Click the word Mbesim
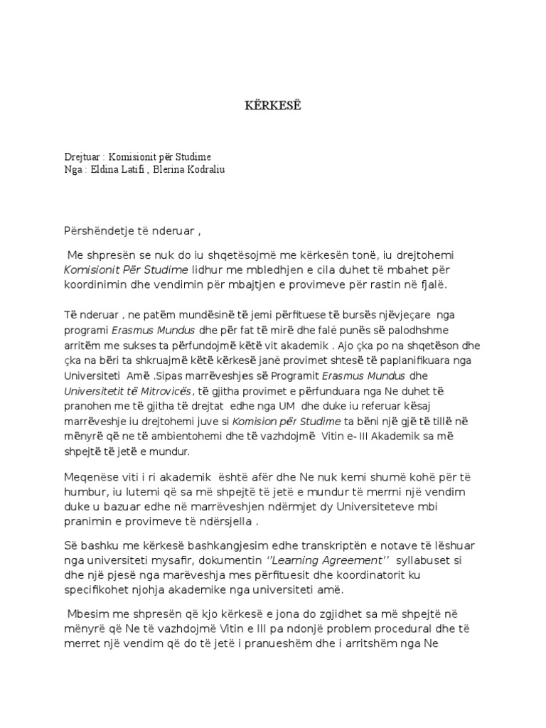pos(89,614)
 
